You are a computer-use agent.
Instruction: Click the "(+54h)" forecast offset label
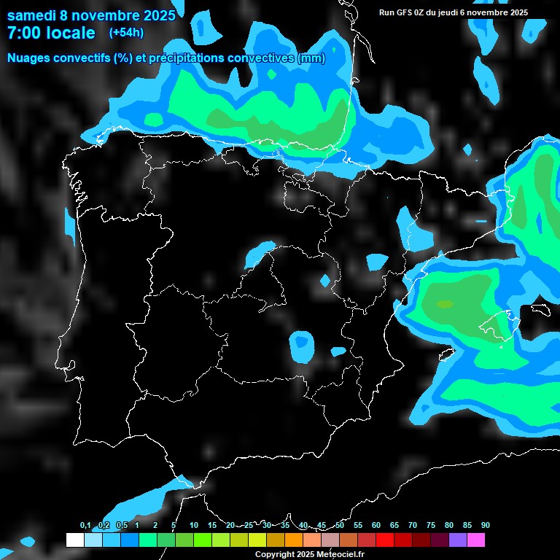126,32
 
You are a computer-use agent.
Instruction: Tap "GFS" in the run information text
408,12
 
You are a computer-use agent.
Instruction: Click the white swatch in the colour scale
74,540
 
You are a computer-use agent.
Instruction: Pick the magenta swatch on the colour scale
475,540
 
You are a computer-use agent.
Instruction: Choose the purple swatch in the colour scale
457,540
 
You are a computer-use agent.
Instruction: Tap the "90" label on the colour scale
485,526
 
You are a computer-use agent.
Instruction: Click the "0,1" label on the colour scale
85,526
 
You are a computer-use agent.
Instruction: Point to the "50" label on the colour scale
340,526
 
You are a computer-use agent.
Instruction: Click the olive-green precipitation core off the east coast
444,304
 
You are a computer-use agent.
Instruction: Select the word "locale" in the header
70,33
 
